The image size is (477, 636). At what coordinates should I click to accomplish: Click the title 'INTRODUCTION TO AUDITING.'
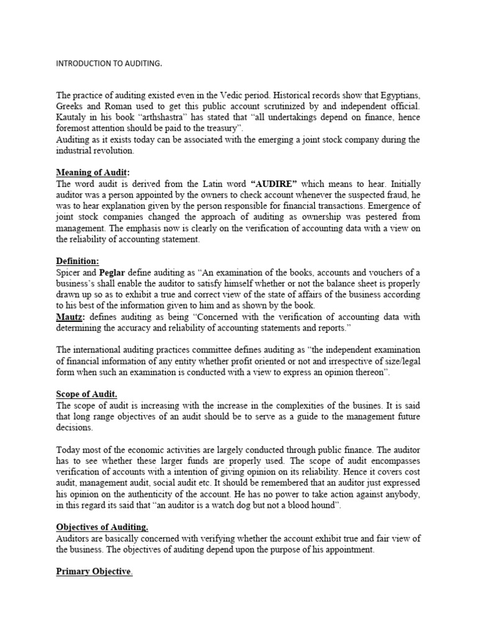click(x=109, y=63)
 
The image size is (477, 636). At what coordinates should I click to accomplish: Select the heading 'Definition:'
click(x=78, y=261)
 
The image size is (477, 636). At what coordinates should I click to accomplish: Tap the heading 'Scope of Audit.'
click(x=86, y=394)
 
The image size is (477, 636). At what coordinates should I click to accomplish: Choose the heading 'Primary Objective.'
click(x=94, y=572)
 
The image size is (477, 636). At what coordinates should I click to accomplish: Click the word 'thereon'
click(x=370, y=373)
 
